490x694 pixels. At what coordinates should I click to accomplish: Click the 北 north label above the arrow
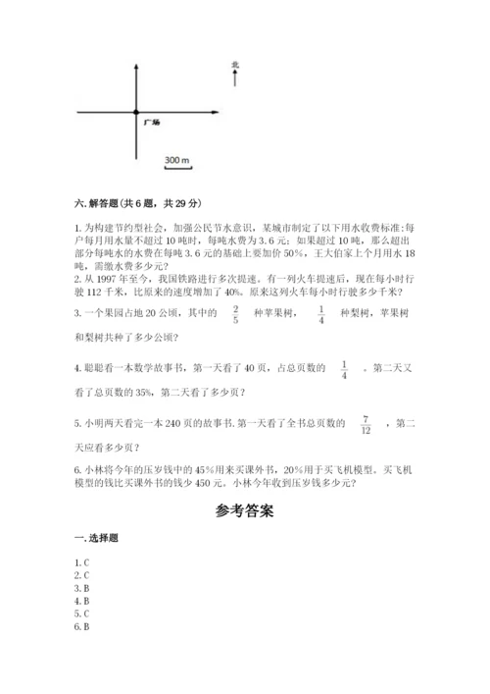pyautogui.click(x=235, y=66)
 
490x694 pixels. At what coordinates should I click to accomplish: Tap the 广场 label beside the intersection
pyautogui.click(x=151, y=122)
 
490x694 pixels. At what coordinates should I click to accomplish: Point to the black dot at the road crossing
pyautogui.click(x=136, y=114)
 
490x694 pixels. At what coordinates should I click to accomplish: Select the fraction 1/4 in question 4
pyautogui.click(x=345, y=369)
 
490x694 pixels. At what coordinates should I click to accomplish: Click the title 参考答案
pyautogui.click(x=244, y=511)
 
